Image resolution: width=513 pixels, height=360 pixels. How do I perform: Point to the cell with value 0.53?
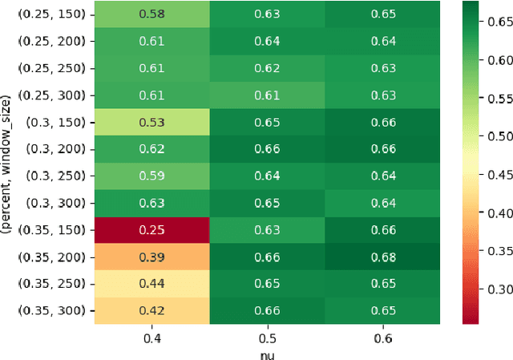[x=151, y=123]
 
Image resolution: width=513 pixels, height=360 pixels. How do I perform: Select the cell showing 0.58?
[x=151, y=15]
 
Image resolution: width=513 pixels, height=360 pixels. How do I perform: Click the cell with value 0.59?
[x=151, y=176]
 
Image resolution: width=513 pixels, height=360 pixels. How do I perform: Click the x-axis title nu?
[x=268, y=352]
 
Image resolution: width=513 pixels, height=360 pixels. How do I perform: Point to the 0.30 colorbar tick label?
[x=499, y=290]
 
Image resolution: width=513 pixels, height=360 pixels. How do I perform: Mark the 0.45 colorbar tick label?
[x=499, y=175]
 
